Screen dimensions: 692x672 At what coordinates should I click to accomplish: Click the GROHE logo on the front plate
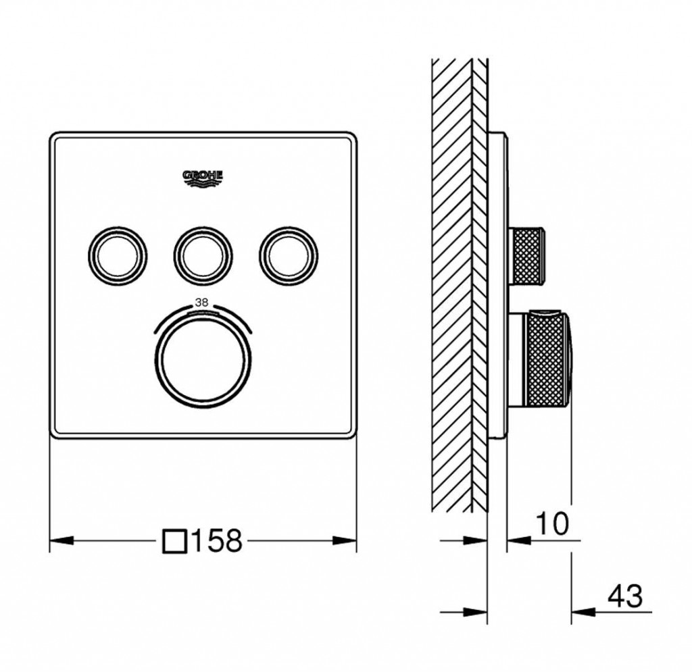click(203, 178)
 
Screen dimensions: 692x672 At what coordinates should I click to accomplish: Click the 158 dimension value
click(217, 540)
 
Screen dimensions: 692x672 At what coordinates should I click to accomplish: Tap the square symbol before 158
click(174, 541)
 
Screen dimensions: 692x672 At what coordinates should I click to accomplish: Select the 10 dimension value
click(552, 523)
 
